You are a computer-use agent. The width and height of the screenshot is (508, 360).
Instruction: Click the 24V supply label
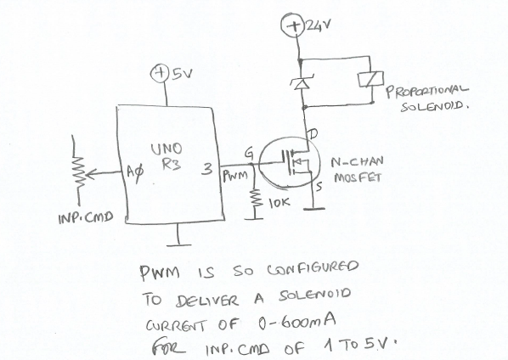point(315,27)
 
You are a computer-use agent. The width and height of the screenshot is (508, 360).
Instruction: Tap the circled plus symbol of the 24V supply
point(297,27)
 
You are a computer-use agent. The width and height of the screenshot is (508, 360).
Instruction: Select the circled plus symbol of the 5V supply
point(160,74)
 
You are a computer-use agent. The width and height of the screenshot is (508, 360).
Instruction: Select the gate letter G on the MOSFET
point(249,153)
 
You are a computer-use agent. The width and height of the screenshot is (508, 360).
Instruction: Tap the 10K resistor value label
point(280,204)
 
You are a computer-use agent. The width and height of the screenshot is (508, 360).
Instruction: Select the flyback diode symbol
point(298,81)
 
